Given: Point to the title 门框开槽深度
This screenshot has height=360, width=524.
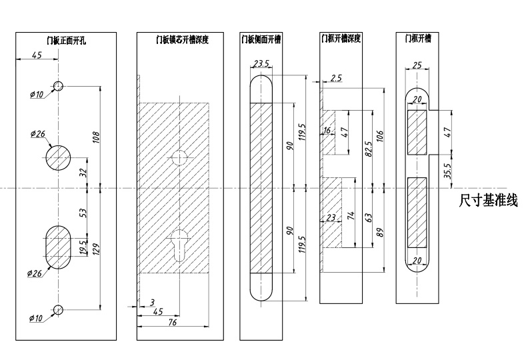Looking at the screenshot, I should pyautogui.click(x=341, y=39).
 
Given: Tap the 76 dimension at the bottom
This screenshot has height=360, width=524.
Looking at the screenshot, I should pyautogui.click(x=172, y=323).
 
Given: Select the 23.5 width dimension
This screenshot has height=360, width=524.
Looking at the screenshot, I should pyautogui.click(x=261, y=65).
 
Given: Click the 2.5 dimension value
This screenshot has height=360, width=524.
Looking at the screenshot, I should pyautogui.click(x=336, y=79).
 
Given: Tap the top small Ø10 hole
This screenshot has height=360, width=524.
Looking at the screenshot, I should pyautogui.click(x=59, y=85).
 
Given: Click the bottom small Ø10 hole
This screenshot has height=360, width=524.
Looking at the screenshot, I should pyautogui.click(x=59, y=309).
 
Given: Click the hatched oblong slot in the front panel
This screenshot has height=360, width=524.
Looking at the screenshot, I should pyautogui.click(x=59, y=247).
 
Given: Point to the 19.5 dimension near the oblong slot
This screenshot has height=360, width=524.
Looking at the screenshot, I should pyautogui.click(x=82, y=249).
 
